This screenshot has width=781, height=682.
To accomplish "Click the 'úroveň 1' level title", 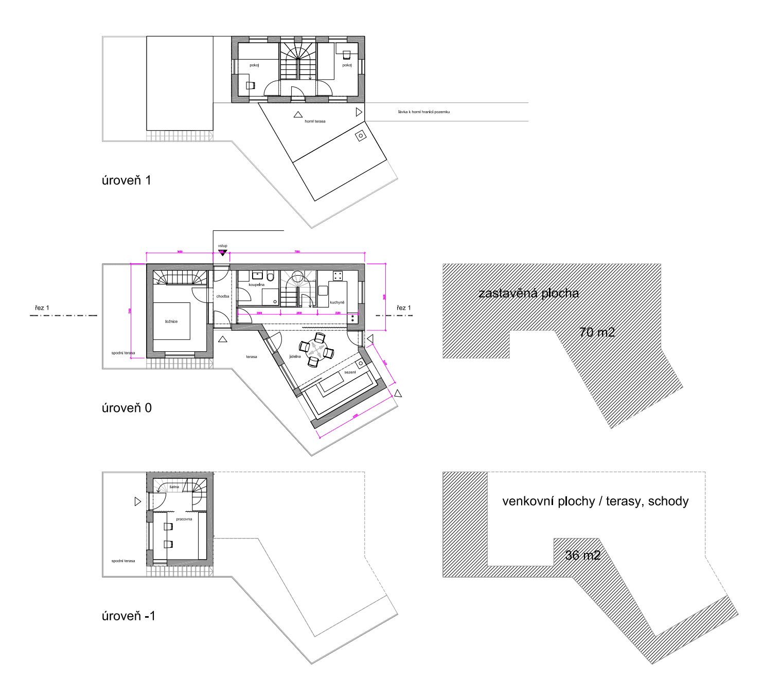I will (126, 181).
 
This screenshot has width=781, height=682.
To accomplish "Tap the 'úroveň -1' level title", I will (128, 616).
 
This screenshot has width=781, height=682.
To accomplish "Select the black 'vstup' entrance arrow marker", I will (222, 253).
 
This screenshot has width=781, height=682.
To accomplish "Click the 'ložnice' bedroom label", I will (171, 321).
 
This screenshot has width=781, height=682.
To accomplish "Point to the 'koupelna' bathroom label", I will (256, 284).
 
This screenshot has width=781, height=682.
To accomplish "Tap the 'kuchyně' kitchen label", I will (337, 302).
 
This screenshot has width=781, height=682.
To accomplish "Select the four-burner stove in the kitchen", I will (338, 276).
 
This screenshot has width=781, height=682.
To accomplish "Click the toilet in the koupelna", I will (271, 277).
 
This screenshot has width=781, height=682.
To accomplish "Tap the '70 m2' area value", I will (597, 333).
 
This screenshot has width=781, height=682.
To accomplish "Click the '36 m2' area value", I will (582, 555).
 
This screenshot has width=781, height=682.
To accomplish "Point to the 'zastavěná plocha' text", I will (528, 293).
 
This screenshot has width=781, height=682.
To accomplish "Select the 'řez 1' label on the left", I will (42, 308).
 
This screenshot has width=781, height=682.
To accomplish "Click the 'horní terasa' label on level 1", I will (315, 121).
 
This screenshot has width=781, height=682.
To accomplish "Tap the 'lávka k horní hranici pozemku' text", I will (423, 112).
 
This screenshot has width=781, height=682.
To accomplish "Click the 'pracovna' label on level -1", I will (184, 519).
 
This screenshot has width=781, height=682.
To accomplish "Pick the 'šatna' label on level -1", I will (174, 487).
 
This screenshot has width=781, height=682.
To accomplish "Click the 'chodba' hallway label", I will (222, 296).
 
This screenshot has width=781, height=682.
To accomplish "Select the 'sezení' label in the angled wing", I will (350, 372).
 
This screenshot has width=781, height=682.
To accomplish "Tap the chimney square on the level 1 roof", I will (361, 136).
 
